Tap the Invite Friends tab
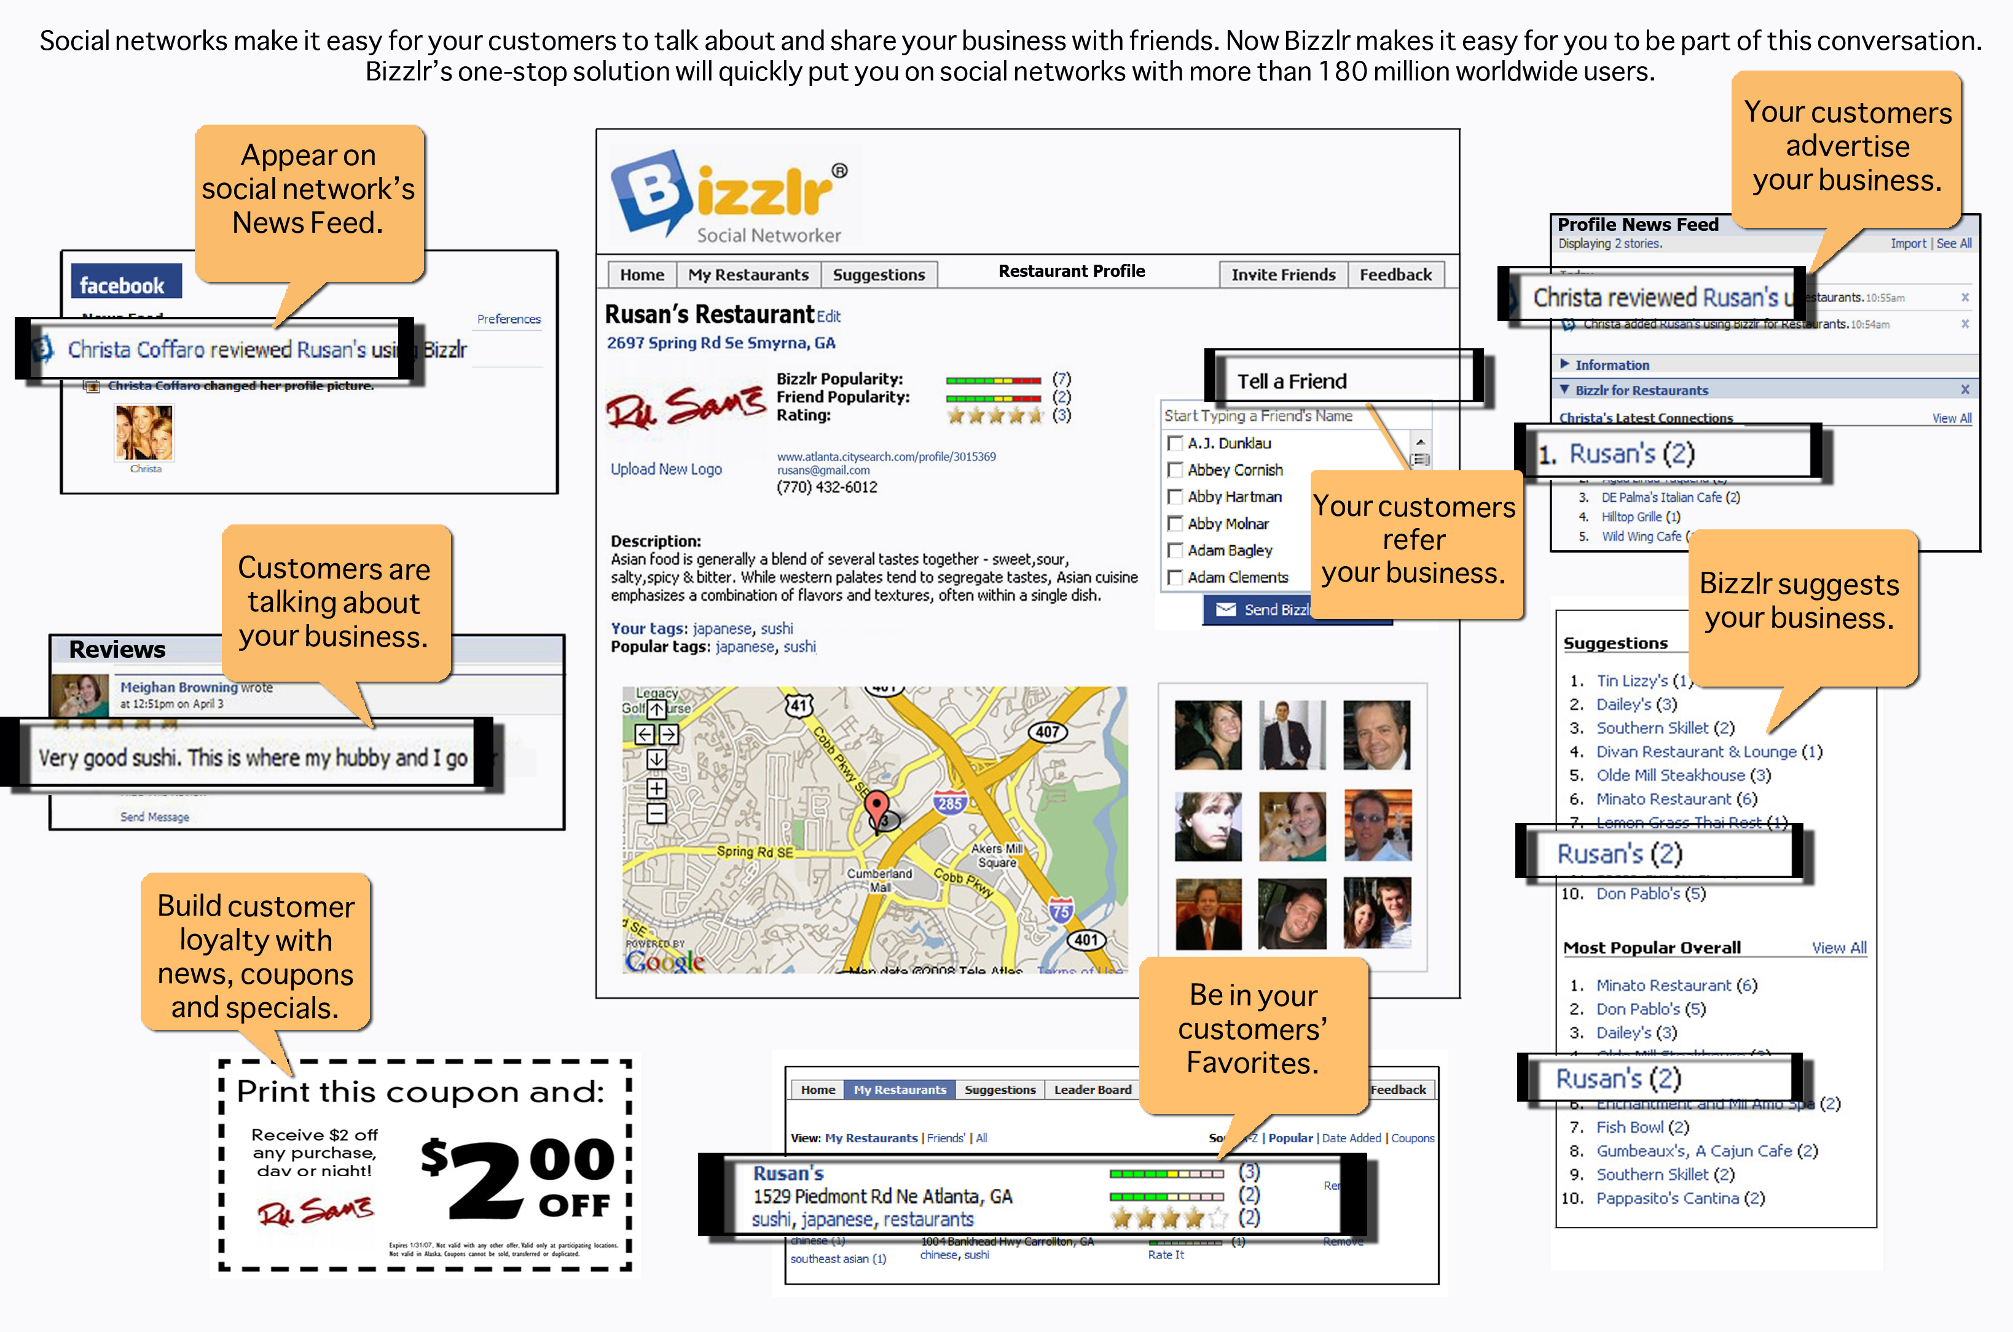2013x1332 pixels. pyautogui.click(x=1282, y=275)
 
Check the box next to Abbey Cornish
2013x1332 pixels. pyautogui.click(x=1175, y=470)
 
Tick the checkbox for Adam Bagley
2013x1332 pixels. pyautogui.click(x=1175, y=550)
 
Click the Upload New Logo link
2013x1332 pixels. pyautogui.click(x=665, y=469)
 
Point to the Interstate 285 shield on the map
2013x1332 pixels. pyautogui.click(x=949, y=802)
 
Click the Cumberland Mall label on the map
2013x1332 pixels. pyautogui.click(x=879, y=879)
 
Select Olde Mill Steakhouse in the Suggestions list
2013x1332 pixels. pyautogui.click(x=1670, y=775)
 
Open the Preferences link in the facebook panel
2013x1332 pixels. pyautogui.click(x=508, y=319)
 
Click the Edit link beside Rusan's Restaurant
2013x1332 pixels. pyautogui.click(x=828, y=317)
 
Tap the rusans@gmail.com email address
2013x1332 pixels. pyautogui.click(x=823, y=470)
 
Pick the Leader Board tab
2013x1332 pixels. pyautogui.click(x=1092, y=1089)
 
